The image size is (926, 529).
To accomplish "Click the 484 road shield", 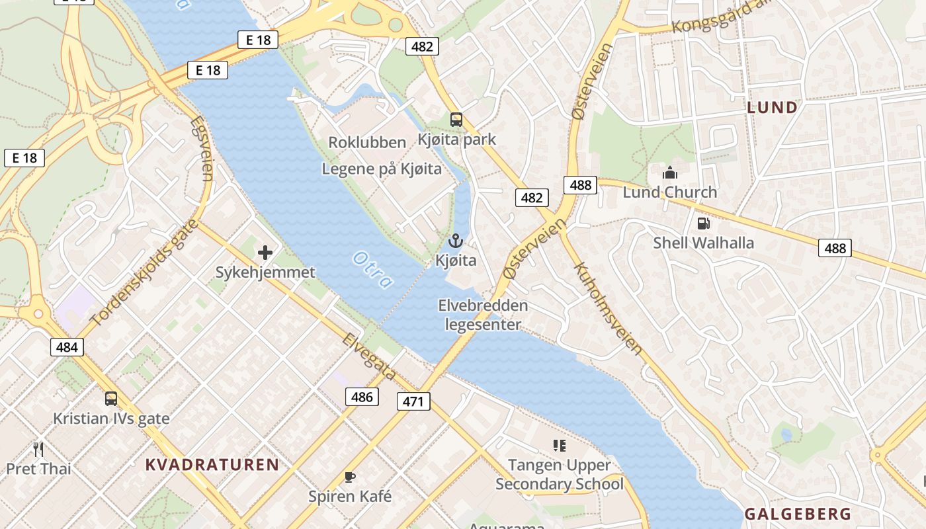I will tap(67, 346).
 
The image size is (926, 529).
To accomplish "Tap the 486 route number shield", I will tap(362, 397).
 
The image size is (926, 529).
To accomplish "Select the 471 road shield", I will tap(414, 401).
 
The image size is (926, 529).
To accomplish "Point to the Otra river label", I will tap(373, 270).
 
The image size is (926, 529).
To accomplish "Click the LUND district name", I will tap(772, 107).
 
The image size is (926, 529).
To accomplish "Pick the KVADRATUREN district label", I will tap(212, 464).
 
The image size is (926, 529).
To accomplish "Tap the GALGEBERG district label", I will tap(798, 514).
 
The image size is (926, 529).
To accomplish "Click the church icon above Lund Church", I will tap(670, 173).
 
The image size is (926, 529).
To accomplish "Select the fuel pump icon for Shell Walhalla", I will tap(703, 224).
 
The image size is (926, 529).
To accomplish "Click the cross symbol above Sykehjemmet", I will tap(265, 252).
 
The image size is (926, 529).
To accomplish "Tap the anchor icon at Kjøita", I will tap(455, 241).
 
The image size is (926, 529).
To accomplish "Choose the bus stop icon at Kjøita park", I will tap(456, 120).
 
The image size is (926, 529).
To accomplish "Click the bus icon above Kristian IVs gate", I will tap(111, 399).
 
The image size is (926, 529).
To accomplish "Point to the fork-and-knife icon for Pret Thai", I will tap(38, 450).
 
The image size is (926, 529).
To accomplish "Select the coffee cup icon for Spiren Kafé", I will tap(350, 477).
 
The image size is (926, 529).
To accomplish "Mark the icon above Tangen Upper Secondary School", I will tap(560, 446).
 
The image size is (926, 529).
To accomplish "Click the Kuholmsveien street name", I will tap(609, 308).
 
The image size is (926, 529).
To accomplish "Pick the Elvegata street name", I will tap(369, 356).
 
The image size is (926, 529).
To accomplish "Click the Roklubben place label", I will tap(367, 142).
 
